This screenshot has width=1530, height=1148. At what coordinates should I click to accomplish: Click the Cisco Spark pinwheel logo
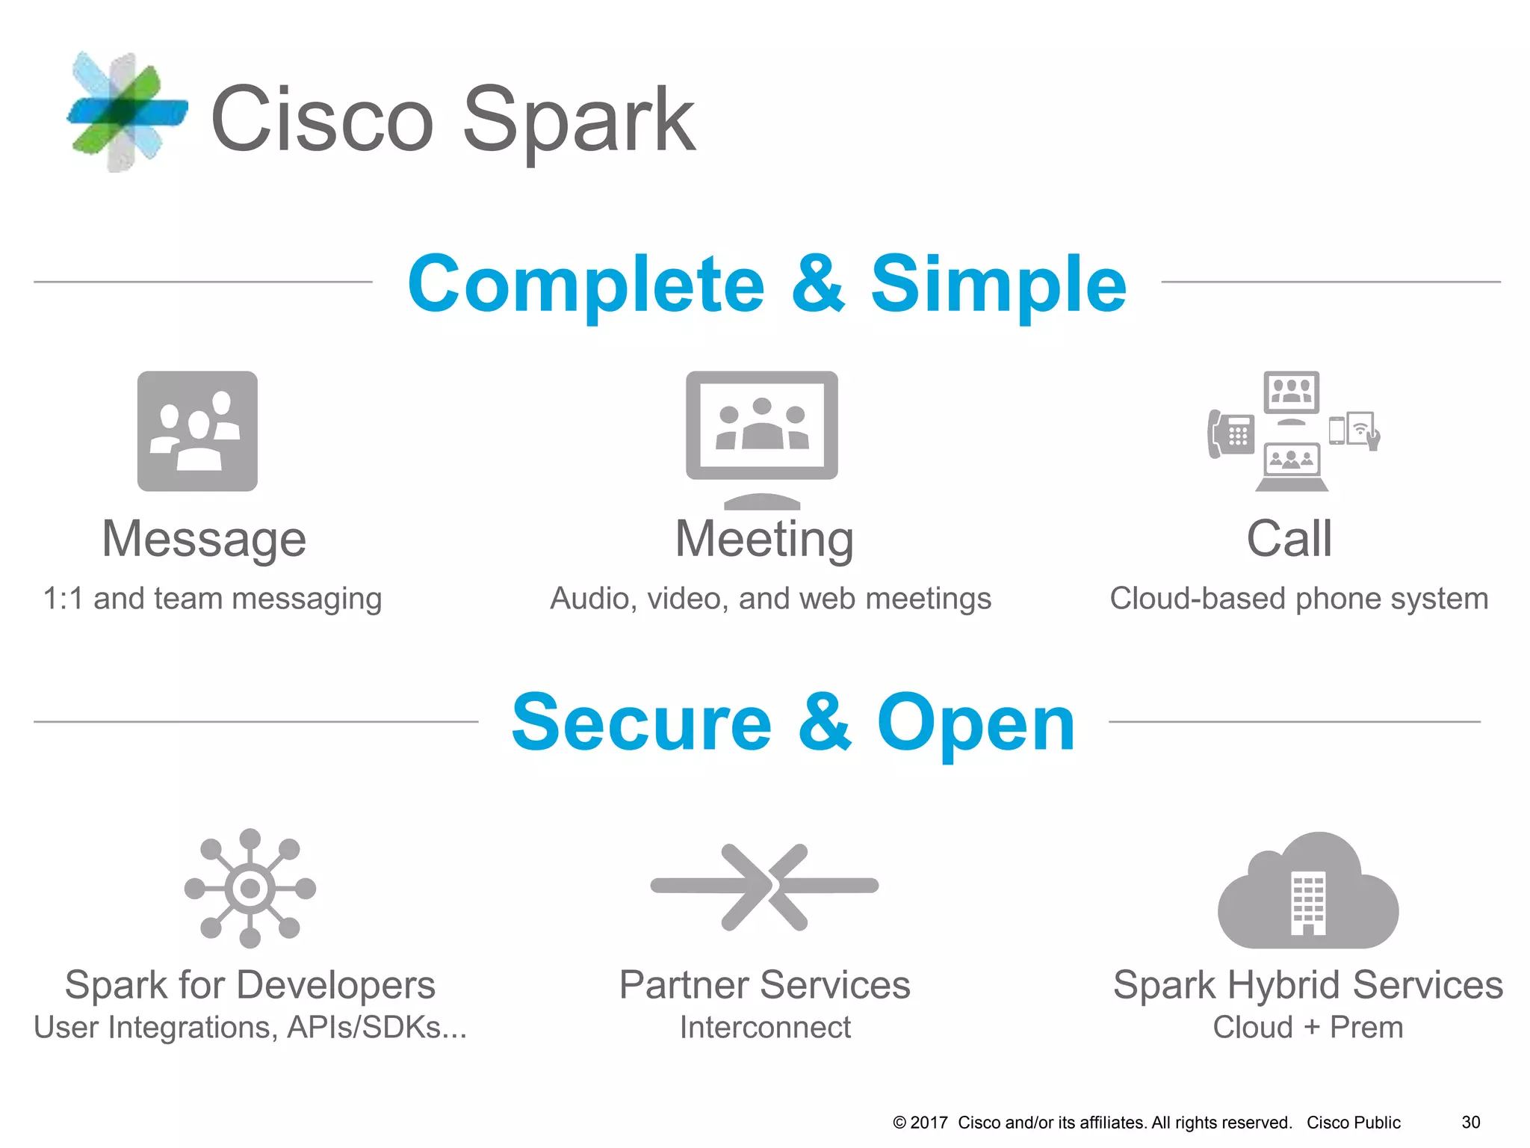click(x=126, y=112)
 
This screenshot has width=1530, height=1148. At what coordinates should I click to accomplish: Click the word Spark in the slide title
click(x=579, y=120)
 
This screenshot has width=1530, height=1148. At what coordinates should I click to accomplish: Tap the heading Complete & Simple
click(x=766, y=284)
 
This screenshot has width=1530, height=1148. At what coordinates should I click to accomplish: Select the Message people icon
click(x=197, y=431)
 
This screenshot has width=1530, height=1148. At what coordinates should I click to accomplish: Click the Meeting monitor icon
click(x=761, y=430)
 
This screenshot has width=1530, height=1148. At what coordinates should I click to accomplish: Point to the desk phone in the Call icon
click(x=1230, y=433)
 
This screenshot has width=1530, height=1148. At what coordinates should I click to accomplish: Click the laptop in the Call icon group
click(x=1291, y=467)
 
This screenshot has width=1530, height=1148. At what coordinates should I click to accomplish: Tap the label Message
click(x=204, y=539)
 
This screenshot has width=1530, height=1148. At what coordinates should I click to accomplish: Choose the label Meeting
click(x=764, y=539)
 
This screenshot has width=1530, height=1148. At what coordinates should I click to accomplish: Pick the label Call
click(x=1289, y=539)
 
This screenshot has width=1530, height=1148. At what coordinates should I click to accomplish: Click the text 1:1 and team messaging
click(x=212, y=599)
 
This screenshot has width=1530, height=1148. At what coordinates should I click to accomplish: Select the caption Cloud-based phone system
click(x=1299, y=599)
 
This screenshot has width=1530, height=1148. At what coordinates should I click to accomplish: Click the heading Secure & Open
click(x=793, y=723)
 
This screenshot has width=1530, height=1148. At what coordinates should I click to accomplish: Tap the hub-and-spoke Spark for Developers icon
click(x=250, y=888)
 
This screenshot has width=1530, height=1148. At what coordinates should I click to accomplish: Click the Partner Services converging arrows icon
click(x=764, y=886)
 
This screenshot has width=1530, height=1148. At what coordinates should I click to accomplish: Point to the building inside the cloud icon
click(x=1308, y=903)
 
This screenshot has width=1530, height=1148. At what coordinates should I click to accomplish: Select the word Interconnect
click(x=765, y=1028)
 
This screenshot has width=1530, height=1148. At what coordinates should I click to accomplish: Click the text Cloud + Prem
click(x=1308, y=1028)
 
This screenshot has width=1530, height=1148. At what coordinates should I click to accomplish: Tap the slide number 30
click(x=1470, y=1123)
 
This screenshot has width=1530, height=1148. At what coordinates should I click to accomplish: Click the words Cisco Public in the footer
click(x=1353, y=1123)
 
